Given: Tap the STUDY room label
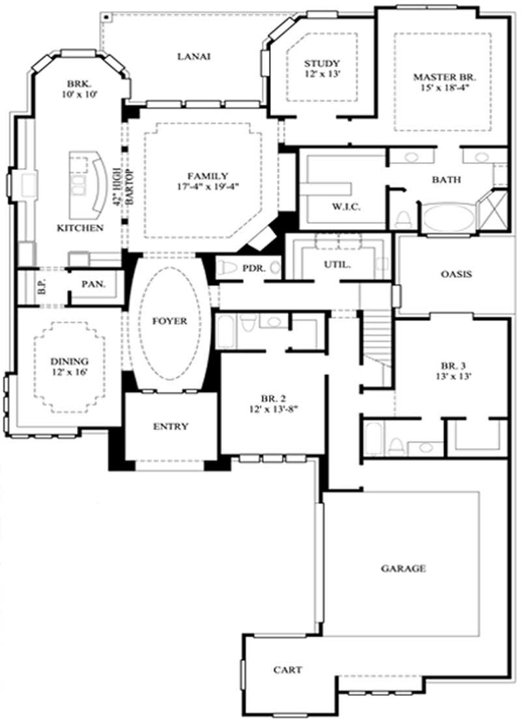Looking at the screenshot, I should [322, 63].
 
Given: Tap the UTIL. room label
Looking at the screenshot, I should [338, 265].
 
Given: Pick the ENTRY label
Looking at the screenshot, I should [171, 426].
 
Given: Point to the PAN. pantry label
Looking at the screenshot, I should [94, 284].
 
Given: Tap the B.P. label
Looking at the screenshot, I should [41, 286].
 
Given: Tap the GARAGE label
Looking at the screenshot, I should [403, 568].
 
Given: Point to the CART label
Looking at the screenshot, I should [287, 669].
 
